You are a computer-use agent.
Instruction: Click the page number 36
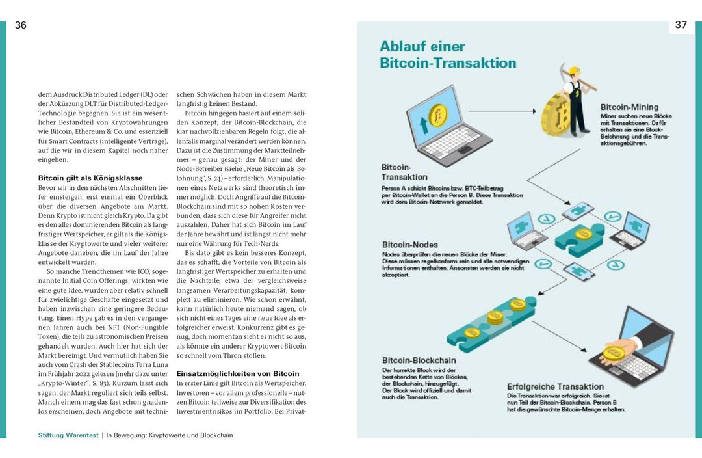21,25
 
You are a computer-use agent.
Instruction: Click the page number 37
681,25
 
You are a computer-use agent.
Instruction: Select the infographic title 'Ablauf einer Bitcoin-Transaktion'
447,55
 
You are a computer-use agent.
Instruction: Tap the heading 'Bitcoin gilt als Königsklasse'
90,178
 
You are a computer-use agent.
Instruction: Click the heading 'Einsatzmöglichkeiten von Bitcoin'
238,373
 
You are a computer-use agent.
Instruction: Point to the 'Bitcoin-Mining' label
629,107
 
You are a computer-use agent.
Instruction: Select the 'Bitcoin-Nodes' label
409,245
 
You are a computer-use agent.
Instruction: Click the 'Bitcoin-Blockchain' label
419,360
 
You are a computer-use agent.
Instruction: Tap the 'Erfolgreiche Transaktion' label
555,386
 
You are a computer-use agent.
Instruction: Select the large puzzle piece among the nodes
580,237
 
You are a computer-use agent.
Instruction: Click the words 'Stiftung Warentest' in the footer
68,435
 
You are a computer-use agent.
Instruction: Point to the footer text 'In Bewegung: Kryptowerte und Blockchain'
170,435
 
